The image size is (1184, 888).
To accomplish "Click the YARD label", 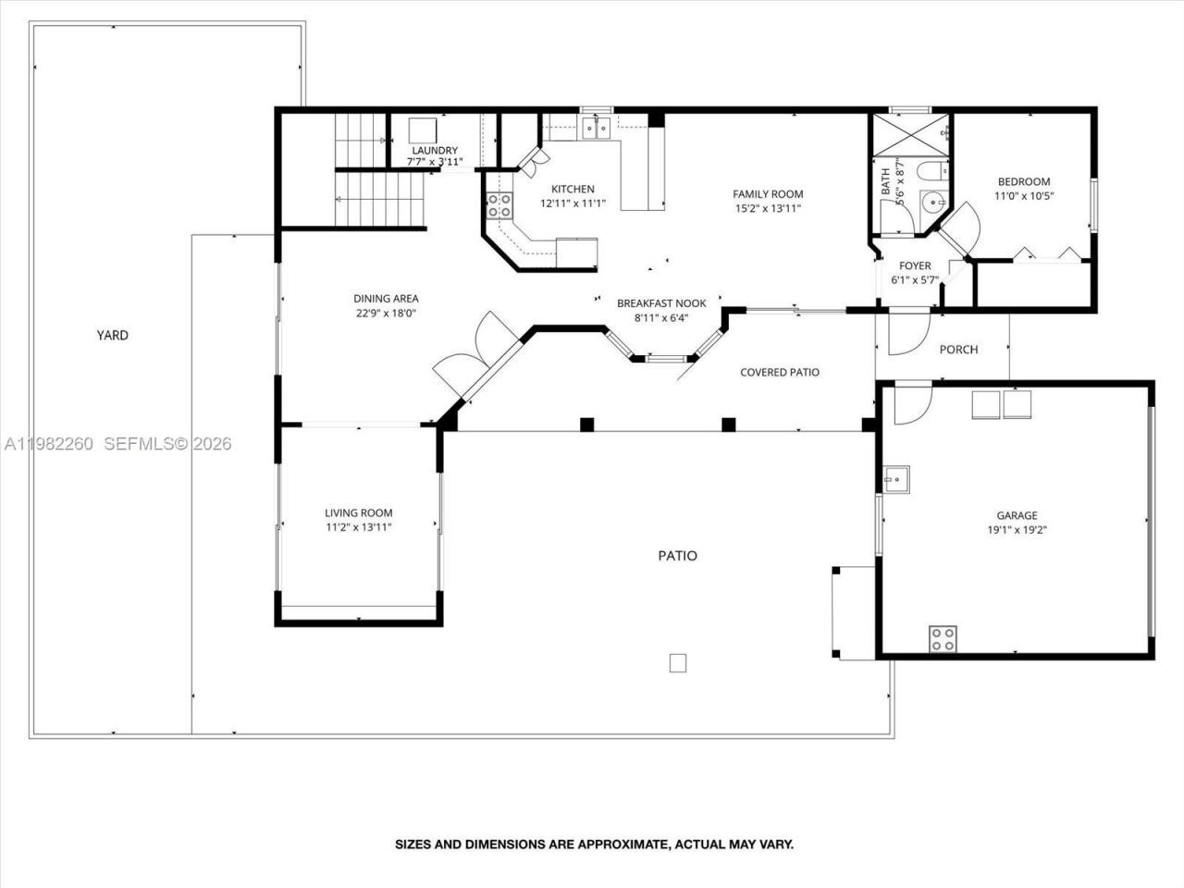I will tap(113, 336).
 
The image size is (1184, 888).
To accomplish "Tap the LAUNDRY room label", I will tap(434, 151).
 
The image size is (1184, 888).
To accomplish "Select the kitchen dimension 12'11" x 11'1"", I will tap(573, 203).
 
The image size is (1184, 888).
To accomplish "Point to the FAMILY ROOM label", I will tap(768, 194).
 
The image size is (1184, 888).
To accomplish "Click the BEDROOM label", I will tap(1023, 182).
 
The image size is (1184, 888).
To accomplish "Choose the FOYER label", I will tap(915, 266).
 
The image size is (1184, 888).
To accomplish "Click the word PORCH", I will tap(958, 350).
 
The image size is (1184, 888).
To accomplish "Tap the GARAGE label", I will tap(1017, 516).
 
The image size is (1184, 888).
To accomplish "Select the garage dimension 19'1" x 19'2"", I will tap(1017, 531).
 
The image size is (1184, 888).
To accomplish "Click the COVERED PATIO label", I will tap(779, 373).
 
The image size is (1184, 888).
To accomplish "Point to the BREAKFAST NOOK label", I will tap(661, 303).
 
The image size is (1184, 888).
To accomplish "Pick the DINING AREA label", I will tap(386, 299).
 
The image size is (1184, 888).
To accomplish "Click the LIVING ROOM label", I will tap(358, 513).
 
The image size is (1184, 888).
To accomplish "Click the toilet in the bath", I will tap(932, 170).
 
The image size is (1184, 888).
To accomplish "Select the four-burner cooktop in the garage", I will tap(943, 638).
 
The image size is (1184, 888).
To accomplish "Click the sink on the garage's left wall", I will tap(894, 478).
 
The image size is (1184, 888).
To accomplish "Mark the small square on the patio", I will tap(678, 662).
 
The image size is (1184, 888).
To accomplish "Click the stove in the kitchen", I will tap(499, 205).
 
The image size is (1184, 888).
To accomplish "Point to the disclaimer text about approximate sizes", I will tap(594, 845).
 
